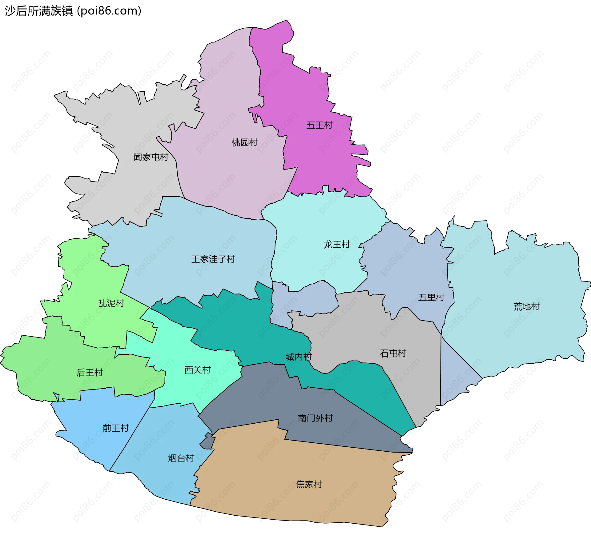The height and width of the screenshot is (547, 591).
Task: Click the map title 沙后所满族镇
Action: (39, 11)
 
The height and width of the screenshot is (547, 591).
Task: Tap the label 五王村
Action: (319, 125)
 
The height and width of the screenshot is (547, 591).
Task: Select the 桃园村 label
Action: (244, 142)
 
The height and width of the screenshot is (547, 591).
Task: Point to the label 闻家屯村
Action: (151, 157)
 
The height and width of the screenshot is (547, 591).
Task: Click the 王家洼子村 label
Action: (213, 259)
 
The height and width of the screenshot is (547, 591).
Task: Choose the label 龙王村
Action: (337, 245)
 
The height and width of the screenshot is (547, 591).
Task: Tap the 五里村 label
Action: (431, 297)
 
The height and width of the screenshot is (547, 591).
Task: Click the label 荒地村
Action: (526, 306)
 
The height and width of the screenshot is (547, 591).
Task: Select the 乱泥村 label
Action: (111, 303)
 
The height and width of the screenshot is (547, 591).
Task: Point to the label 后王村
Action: (89, 373)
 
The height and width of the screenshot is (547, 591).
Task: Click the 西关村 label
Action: (197, 370)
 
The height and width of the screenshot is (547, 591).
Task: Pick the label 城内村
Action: (298, 357)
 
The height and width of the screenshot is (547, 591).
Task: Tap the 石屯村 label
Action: (393, 353)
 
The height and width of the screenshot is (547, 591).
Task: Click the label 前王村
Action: (115, 428)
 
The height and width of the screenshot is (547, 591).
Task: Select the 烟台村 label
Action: (181, 458)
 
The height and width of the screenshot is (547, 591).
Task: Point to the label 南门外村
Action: (315, 418)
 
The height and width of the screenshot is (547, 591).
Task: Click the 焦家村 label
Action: (309, 484)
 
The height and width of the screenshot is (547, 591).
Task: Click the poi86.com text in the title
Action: (109, 11)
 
